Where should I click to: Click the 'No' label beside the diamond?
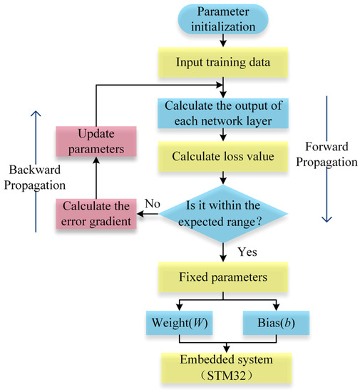(152, 202)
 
